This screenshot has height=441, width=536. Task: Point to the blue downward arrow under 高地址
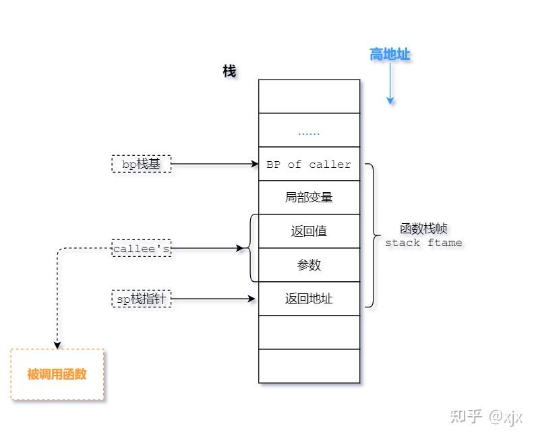[x=390, y=84]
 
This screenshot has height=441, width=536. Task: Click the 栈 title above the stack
[x=229, y=71]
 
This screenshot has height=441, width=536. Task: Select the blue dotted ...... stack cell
[x=309, y=131]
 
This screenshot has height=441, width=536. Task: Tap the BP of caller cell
[x=309, y=165]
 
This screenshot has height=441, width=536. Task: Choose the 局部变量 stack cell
[x=309, y=198]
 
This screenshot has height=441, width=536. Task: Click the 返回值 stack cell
[x=309, y=231]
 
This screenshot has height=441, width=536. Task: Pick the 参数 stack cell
[x=309, y=265]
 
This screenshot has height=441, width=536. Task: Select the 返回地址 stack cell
[x=309, y=299]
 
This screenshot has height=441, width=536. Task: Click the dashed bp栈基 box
[x=142, y=164]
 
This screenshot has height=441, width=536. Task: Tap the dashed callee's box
[x=142, y=249]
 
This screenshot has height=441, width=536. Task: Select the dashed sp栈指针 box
[x=142, y=299]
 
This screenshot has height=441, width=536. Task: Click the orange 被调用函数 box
[x=57, y=375]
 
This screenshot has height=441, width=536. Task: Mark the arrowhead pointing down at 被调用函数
[x=57, y=345]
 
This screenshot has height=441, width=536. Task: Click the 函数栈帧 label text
[x=423, y=229]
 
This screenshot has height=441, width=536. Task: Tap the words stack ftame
[x=423, y=243]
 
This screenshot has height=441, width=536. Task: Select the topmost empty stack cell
[x=309, y=96]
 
